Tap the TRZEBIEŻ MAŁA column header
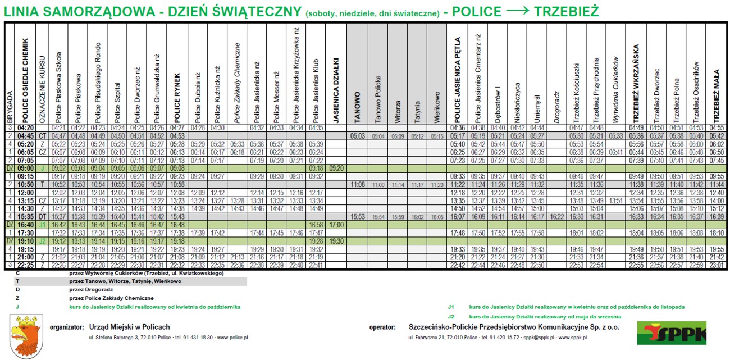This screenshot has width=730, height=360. [717, 96]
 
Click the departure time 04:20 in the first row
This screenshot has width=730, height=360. [26, 128]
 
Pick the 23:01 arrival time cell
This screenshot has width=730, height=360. [717, 265]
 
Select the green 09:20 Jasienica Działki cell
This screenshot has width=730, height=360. [337, 168]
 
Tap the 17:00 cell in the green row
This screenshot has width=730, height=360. [337, 225]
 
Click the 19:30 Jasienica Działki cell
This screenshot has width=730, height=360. [337, 241]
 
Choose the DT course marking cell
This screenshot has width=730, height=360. [43, 217]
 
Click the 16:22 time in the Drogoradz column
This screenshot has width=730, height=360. [557, 217]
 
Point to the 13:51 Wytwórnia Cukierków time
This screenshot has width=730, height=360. [616, 200]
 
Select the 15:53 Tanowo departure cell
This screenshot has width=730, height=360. [358, 217]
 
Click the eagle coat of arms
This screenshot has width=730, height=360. [26, 336]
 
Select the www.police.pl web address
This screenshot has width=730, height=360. [232, 338]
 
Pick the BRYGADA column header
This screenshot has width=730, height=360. [8, 107]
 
